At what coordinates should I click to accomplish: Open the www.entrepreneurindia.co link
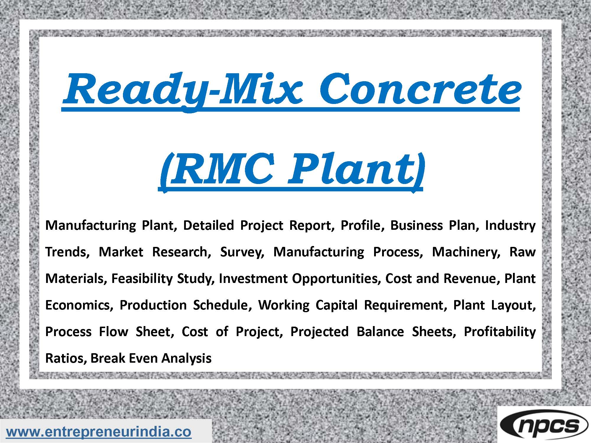pyautogui.click(x=99, y=432)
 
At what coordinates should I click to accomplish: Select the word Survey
pyautogui.click(x=241, y=252)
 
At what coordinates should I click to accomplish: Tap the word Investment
pyautogui.click(x=253, y=278)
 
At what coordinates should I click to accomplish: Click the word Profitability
pyautogui.click(x=499, y=332)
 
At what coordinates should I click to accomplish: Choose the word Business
pyautogui.click(x=415, y=225)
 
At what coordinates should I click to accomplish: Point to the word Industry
pyautogui.click(x=510, y=225)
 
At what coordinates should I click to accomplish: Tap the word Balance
pyautogui.click(x=380, y=332)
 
